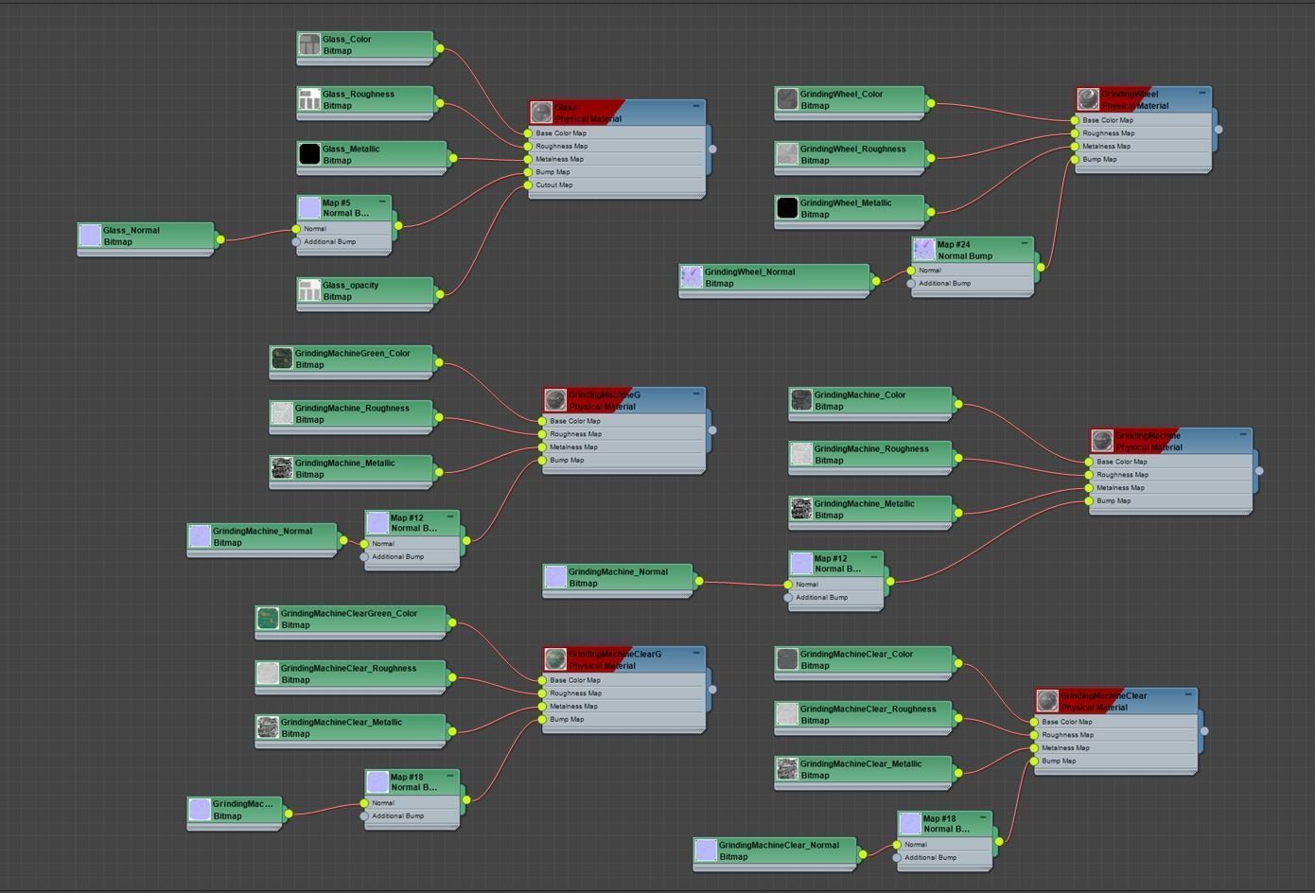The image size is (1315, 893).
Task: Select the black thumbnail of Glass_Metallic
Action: [x=309, y=154]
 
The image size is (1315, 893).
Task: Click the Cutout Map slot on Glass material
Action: [x=554, y=185]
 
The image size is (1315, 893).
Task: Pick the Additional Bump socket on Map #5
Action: [x=296, y=241]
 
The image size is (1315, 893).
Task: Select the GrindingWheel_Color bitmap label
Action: [x=841, y=95]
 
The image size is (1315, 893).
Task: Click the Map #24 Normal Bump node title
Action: [x=965, y=250]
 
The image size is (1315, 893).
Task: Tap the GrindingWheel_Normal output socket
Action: [x=876, y=280]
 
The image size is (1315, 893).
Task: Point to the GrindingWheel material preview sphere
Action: [x=1088, y=98]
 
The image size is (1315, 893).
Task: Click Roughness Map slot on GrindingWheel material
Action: [x=1108, y=133]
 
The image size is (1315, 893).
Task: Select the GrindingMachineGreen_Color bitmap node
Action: [x=351, y=359]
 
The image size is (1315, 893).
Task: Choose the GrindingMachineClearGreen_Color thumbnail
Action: [x=268, y=619]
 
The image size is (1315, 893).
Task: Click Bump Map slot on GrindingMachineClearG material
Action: [x=567, y=720]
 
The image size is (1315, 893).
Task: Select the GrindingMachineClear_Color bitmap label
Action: [x=856, y=655]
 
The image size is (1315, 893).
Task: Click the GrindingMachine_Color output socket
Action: [x=958, y=404]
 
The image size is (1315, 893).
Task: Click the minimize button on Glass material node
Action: [x=696, y=106]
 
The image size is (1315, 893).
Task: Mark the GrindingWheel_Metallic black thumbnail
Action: [x=787, y=208]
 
